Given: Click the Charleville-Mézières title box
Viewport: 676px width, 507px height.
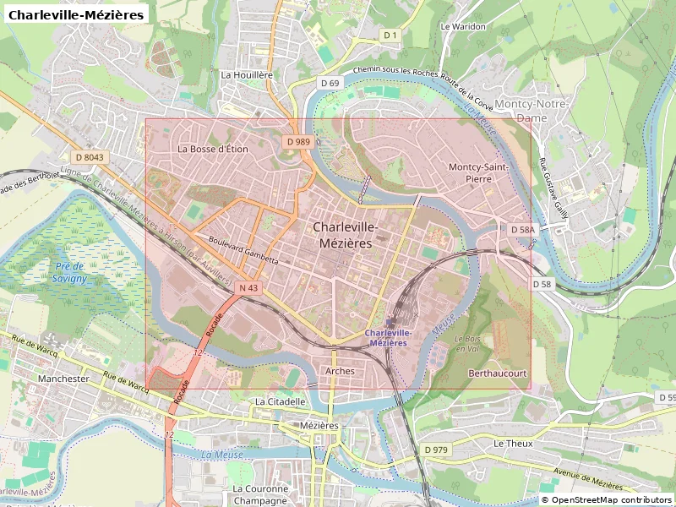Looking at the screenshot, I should [x=77, y=14].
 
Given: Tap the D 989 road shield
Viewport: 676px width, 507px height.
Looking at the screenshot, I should [x=298, y=142].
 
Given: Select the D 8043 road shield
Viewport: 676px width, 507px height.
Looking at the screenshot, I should [x=89, y=157].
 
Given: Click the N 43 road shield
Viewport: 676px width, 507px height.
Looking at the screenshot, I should [x=248, y=288].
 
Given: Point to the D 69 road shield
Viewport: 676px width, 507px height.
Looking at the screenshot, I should [x=330, y=83].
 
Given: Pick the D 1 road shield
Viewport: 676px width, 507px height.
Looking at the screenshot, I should [x=390, y=35].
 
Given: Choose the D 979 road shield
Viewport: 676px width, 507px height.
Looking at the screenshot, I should [x=436, y=450].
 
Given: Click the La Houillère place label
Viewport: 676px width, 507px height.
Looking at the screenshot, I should [x=247, y=74].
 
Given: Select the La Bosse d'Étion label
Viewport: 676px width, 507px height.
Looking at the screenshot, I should [x=213, y=149].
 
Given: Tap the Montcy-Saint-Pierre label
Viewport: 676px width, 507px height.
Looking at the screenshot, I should [x=478, y=172].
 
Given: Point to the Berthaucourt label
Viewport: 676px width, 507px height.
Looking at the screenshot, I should [x=498, y=373].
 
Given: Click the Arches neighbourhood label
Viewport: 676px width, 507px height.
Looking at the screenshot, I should [x=340, y=371].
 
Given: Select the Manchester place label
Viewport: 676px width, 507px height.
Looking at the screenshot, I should [x=63, y=379].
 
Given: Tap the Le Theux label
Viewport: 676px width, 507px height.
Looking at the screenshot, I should [x=510, y=443].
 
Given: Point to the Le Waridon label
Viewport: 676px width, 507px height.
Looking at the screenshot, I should [x=463, y=26].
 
